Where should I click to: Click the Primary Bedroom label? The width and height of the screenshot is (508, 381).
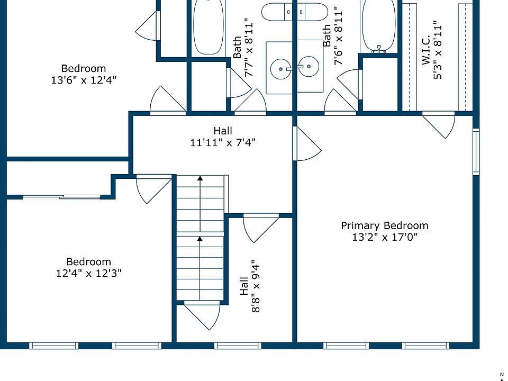[x=385, y=225]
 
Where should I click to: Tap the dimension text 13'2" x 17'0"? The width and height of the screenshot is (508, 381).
[x=385, y=237]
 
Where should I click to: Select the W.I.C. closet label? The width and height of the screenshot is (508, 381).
[x=425, y=50]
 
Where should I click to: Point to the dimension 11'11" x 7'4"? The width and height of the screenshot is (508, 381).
[x=223, y=142]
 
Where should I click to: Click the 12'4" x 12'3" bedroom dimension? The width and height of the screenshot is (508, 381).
[x=89, y=273]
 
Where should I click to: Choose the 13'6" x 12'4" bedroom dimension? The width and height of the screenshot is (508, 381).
[x=84, y=80]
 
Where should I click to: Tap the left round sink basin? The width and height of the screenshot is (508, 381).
[x=280, y=69]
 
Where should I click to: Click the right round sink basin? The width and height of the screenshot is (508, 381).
[x=309, y=67]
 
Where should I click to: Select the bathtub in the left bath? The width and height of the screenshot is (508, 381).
[x=208, y=27]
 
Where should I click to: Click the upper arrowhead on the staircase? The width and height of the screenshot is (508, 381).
[x=200, y=178]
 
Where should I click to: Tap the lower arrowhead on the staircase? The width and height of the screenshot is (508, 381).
[x=200, y=239]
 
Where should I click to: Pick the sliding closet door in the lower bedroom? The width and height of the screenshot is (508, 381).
[x=61, y=197]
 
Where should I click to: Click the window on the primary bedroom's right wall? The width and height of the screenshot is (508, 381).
[x=476, y=152]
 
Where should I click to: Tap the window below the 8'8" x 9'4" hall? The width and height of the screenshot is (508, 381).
[x=238, y=346]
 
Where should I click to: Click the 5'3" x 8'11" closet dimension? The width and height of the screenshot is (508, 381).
[x=438, y=50]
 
